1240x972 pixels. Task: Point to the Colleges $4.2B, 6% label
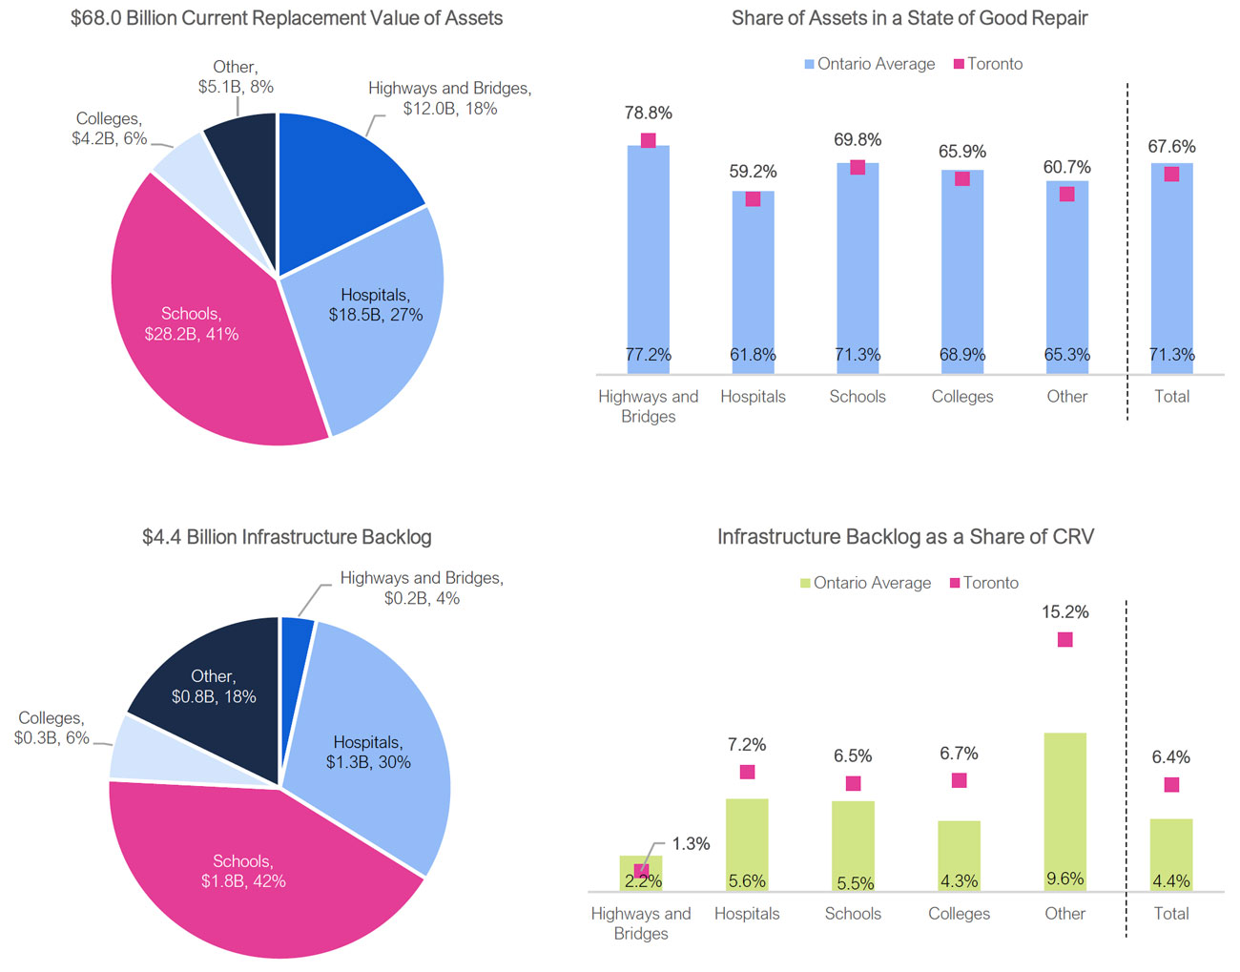click(109, 129)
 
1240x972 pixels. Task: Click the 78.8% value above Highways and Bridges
click(648, 113)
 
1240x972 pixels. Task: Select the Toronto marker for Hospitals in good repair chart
click(753, 199)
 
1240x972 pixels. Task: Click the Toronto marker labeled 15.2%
click(1064, 640)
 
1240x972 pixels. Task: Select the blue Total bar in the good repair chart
click(1171, 267)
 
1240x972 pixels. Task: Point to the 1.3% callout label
click(691, 844)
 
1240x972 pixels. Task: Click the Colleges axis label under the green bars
click(959, 914)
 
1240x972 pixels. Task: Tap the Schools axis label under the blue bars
click(857, 397)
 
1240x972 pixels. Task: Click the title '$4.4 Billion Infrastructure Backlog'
click(286, 537)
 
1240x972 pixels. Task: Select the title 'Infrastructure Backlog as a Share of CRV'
click(905, 537)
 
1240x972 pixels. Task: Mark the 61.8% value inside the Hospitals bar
click(753, 355)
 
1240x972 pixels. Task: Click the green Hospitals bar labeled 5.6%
click(747, 839)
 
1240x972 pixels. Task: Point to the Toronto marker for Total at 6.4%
click(1171, 785)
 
